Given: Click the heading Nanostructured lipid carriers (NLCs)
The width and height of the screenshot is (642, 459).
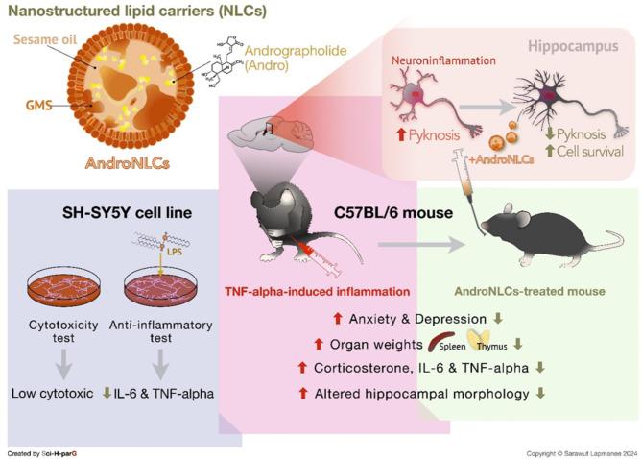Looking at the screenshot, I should coord(137,12).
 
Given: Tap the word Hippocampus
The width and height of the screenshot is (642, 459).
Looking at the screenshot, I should coord(572,45).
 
